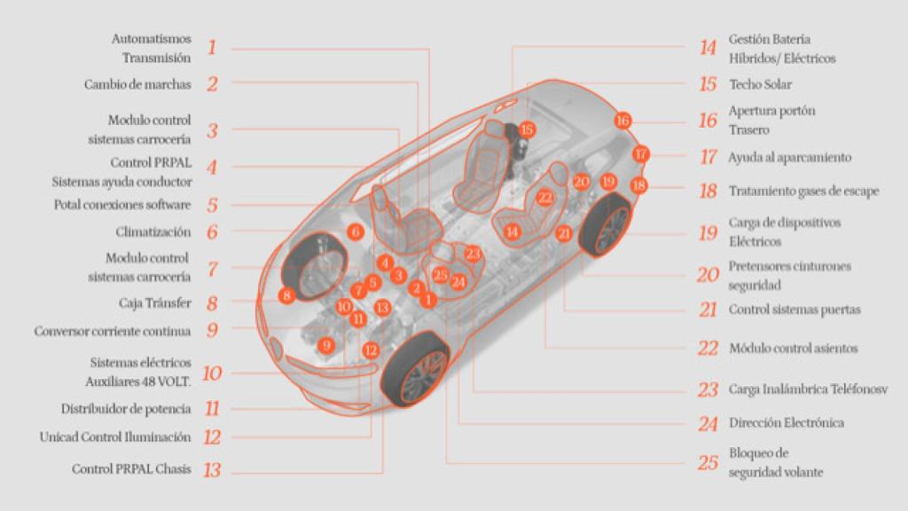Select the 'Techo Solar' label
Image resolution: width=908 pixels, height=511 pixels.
click(760, 85)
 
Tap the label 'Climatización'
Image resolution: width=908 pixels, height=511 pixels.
click(153, 232)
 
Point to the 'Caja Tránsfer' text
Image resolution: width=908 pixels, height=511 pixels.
click(154, 303)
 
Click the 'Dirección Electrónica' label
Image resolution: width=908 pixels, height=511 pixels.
click(786, 423)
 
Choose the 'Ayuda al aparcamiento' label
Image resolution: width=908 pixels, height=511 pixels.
click(789, 158)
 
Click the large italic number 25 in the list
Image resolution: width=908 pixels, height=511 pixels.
click(707, 462)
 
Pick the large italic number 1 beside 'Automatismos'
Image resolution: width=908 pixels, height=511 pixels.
click(212, 48)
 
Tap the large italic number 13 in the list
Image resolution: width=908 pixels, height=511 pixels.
click(212, 470)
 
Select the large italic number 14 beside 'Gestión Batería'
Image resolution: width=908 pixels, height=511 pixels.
click(707, 49)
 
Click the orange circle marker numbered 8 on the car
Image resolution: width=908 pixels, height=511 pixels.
click(286, 295)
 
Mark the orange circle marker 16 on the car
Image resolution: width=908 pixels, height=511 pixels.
click(622, 120)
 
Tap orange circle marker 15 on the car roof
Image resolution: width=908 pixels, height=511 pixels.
click(528, 130)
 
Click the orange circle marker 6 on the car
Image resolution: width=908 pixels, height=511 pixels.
click(356, 232)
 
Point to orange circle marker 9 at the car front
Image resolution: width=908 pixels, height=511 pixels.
click(326, 345)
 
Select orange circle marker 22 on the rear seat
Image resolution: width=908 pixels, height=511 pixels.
click(545, 197)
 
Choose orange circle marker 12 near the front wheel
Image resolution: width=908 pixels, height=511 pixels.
click(371, 350)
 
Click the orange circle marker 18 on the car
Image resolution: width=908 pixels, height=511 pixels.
click(638, 185)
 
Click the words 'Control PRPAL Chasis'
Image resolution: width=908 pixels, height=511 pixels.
click(131, 469)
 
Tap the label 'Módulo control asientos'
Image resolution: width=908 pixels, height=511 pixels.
click(793, 349)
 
